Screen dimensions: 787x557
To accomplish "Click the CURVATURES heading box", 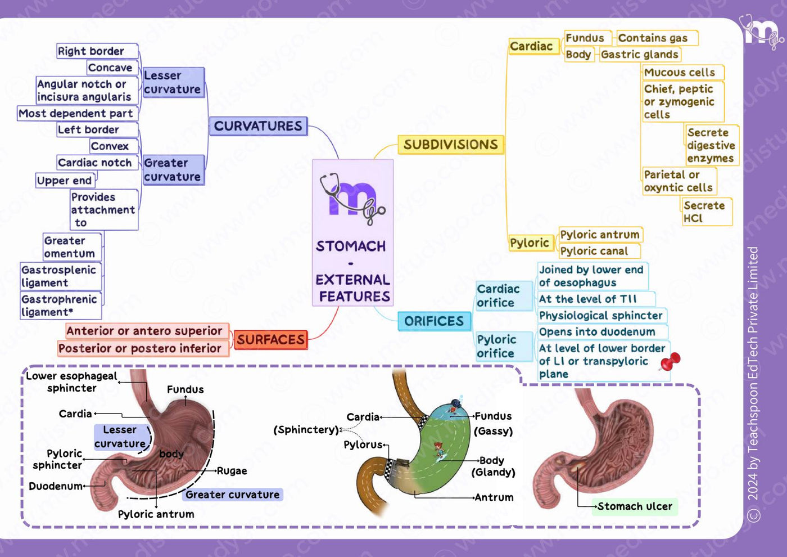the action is pos(258,126).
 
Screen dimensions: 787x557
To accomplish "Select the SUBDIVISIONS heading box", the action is pos(451,145).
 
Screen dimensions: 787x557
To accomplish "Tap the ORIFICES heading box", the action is pos(434,321).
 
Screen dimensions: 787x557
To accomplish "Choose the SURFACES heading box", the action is pos(270,340).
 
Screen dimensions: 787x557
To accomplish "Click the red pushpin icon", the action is pos(670,361).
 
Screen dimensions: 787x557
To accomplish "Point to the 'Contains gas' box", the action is pos(657,38).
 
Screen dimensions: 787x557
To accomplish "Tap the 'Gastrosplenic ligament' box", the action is pos(61,276).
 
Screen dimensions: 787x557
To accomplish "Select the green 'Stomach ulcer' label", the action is pos(635,506).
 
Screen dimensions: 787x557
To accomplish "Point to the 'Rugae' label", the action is pos(232,471).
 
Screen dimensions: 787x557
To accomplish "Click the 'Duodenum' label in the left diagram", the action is pos(56,486).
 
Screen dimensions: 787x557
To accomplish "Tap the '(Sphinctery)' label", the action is pos(306,430).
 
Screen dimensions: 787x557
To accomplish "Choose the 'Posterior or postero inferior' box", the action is pos(143,348).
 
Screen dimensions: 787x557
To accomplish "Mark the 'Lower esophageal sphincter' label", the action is pos(71,382).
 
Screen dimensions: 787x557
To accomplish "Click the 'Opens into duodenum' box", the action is pos(603,332).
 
